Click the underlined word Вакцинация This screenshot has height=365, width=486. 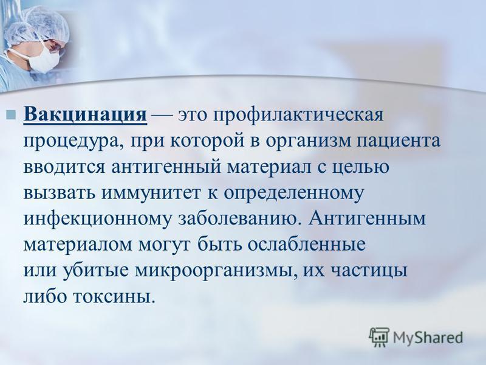(85, 115)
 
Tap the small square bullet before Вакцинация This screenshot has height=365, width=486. (11, 114)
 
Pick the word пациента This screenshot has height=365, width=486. (399, 142)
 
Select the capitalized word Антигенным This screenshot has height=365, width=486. (367, 219)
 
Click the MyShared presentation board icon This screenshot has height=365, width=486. (379, 337)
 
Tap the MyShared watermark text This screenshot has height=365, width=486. (428, 338)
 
